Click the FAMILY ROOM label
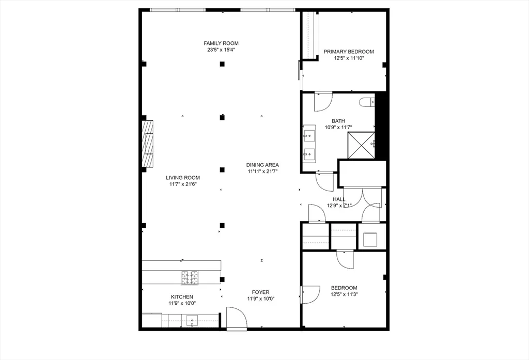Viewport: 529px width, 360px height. [221, 43]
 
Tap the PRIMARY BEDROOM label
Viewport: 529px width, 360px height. [349, 52]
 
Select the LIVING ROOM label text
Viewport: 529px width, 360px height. [182, 178]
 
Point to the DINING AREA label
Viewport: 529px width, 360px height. [262, 165]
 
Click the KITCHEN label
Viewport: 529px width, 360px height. [182, 297]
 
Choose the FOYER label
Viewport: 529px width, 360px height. [260, 292]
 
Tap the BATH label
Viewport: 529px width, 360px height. [338, 121]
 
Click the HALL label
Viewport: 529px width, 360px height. [339, 199]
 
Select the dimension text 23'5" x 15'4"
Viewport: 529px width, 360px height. [221, 50]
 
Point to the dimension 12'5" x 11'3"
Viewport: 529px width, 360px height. [344, 294]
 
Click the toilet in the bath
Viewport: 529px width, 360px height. [367, 102]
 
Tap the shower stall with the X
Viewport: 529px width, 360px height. [361, 145]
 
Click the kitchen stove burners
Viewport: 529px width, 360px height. [190, 277]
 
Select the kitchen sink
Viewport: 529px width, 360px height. [192, 320]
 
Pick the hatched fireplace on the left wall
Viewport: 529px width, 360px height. [147, 143]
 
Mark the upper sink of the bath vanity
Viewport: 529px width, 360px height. [309, 137]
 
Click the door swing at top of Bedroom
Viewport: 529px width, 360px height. [345, 259]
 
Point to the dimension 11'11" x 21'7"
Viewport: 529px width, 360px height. [262, 171]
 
